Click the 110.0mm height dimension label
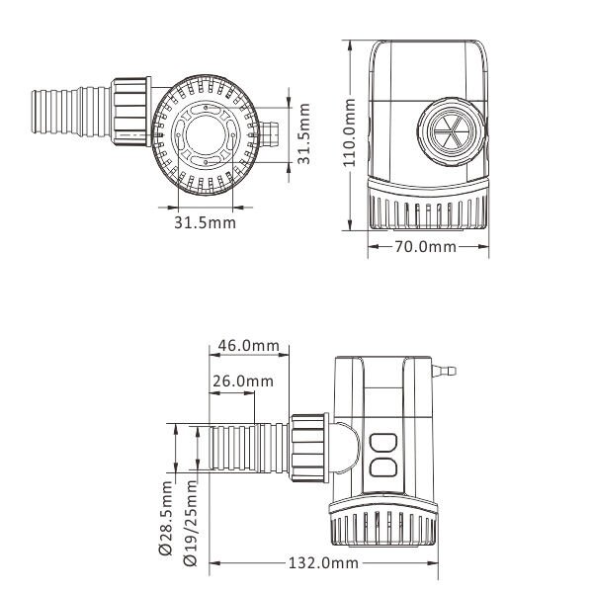pyautogui.click(x=348, y=138)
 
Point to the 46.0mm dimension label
pyautogui.click(x=247, y=346)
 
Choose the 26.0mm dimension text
pyautogui.click(x=242, y=381)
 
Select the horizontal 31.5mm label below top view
pyautogui.click(x=206, y=222)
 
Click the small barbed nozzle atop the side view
pyautogui.click(x=448, y=373)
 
